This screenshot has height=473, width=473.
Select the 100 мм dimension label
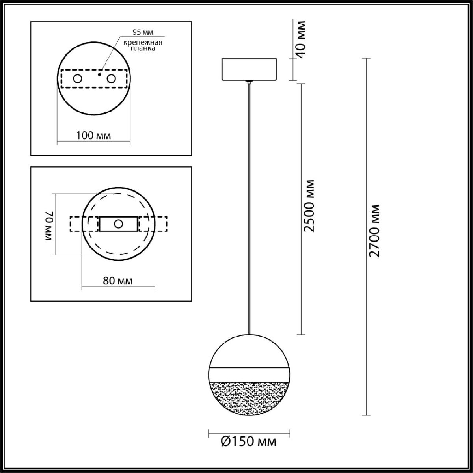point(93,136)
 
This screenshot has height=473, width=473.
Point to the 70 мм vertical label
point(48,226)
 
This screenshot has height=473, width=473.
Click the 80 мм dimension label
point(117,281)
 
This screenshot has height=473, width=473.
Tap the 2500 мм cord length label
point(310,205)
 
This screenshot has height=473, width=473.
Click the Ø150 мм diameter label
point(249,442)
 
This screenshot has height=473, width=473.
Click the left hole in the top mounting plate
point(77,79)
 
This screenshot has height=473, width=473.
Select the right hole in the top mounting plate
point(112,79)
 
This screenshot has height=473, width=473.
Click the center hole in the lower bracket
point(118,224)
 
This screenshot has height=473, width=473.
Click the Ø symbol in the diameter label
point(225,442)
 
